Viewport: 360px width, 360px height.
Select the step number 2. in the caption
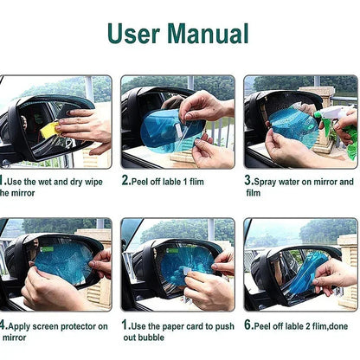click(x=126, y=182)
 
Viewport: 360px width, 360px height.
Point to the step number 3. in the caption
click(x=248, y=182)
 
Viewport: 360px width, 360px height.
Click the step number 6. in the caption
click(x=248, y=325)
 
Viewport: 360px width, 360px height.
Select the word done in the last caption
click(x=342, y=325)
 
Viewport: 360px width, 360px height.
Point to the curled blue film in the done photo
click(x=312, y=264)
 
